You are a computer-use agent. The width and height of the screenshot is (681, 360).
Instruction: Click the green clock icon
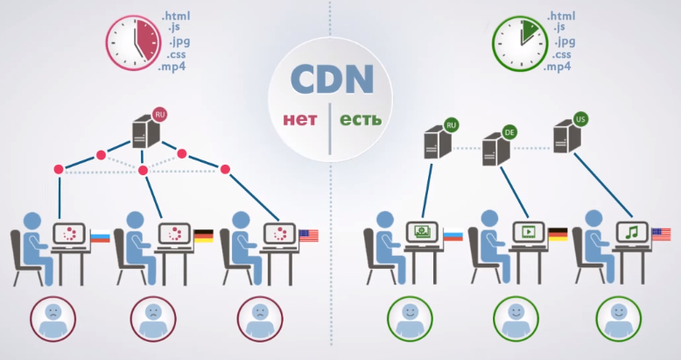click(x=520, y=40)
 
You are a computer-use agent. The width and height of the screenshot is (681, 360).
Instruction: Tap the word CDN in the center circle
click(x=332, y=80)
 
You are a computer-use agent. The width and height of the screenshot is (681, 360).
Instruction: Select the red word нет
click(x=299, y=118)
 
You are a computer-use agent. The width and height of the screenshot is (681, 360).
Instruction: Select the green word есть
click(x=361, y=118)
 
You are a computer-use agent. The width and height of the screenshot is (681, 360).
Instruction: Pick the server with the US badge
click(x=567, y=136)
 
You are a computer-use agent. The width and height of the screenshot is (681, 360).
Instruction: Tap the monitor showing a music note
click(x=631, y=233)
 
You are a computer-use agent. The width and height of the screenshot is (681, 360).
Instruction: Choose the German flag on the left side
click(x=203, y=236)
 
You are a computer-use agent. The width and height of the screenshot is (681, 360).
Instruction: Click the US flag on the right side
click(x=661, y=235)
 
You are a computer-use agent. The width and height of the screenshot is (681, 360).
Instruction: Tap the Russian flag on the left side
click(x=100, y=236)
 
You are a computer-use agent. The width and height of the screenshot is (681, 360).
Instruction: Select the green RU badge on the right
click(x=452, y=125)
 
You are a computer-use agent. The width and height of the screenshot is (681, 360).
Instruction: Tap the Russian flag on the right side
click(x=453, y=235)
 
